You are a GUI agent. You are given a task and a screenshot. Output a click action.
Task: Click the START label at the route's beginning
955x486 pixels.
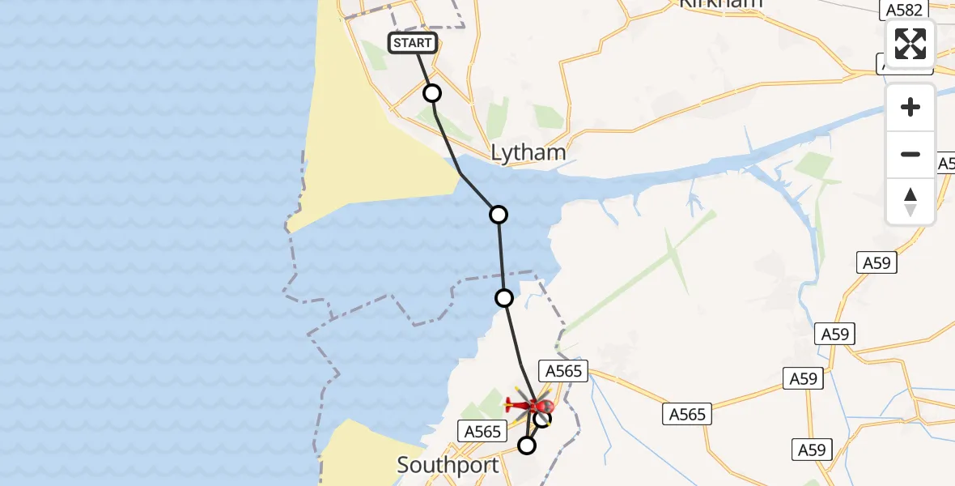[x=413, y=43]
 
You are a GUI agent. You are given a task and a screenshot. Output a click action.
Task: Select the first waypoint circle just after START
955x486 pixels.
[x=432, y=93]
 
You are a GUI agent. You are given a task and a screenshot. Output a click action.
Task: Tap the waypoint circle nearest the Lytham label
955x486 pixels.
[x=499, y=214]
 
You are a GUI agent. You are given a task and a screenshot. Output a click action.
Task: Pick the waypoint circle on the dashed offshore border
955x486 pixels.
[x=504, y=298]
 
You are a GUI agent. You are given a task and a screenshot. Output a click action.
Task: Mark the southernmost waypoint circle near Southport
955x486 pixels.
[x=527, y=445]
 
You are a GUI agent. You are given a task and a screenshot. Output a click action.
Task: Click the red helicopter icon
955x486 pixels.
[x=530, y=404]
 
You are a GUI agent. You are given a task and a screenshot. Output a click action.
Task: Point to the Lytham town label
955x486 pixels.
[x=528, y=152]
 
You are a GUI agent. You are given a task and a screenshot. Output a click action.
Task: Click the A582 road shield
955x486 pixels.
[x=901, y=9]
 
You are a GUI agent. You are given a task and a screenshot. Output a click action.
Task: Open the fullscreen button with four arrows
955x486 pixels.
[x=910, y=43]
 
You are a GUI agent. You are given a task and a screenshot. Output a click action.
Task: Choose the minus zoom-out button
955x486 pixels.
[x=910, y=154]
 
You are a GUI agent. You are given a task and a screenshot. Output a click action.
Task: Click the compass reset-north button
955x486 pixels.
[x=910, y=201]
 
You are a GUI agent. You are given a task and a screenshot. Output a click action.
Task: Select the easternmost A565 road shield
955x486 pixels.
[x=687, y=414]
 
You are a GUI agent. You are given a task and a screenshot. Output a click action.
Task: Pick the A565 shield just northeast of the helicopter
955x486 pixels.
[x=564, y=370]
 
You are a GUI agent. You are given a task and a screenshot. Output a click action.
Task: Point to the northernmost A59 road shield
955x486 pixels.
[x=876, y=262]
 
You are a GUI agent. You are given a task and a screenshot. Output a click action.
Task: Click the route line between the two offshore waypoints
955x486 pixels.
[x=501, y=256]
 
